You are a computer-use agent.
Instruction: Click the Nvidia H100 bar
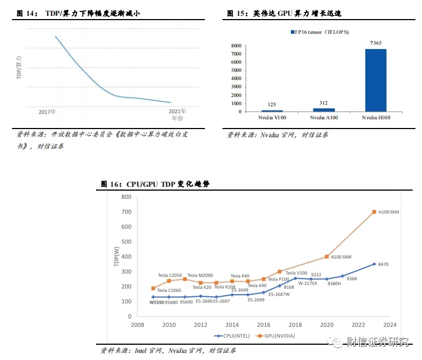[376, 80]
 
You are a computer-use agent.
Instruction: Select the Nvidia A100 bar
[324, 109]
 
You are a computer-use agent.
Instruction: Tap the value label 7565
[376, 43]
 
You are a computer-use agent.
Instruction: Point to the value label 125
[272, 104]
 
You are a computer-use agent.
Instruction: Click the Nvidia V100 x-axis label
[272, 118]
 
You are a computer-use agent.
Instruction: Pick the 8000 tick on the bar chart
[236, 46]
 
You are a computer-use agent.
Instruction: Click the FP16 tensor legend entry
[314, 32]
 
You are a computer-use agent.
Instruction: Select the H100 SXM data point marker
[374, 212]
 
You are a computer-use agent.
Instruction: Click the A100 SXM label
[341, 257]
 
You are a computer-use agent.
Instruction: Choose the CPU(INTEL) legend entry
[232, 336]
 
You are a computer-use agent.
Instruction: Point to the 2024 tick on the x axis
[389, 325]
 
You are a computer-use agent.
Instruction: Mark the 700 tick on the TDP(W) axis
[125, 212]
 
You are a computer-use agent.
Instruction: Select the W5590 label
[157, 302]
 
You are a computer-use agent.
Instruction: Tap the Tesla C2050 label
[170, 276]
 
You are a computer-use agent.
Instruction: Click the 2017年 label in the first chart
[47, 112]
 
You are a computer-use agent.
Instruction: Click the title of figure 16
[155, 184]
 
